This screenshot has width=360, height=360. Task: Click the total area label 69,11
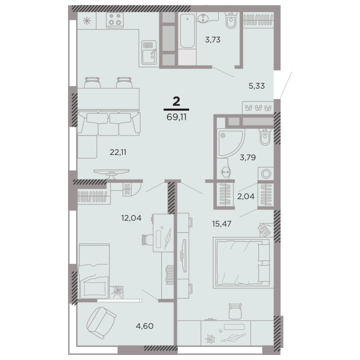coord(176,117)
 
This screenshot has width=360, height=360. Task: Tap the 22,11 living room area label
coord(118,152)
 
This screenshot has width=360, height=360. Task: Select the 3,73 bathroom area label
coord(212,39)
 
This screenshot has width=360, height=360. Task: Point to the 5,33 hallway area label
coord(256,86)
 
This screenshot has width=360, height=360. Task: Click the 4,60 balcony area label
coord(144,326)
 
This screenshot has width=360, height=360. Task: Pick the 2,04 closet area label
coord(246,196)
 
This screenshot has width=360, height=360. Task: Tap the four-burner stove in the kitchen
coord(115,20)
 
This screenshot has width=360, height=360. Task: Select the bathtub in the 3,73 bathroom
coord(187,30)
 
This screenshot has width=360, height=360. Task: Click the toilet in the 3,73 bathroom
coord(230,20)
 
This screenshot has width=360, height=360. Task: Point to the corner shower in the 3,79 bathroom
coord(230,143)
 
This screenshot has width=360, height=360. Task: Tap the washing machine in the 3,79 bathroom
coord(266,173)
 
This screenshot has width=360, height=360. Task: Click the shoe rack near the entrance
coord(258,107)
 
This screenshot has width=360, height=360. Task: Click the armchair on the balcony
coord(101,322)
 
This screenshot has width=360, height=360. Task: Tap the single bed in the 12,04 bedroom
coord(94,271)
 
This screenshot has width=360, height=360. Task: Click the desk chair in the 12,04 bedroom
coord(147,240)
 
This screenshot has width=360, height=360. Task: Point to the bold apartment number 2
coord(176,101)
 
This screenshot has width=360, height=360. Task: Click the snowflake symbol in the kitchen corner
coord(86,21)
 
